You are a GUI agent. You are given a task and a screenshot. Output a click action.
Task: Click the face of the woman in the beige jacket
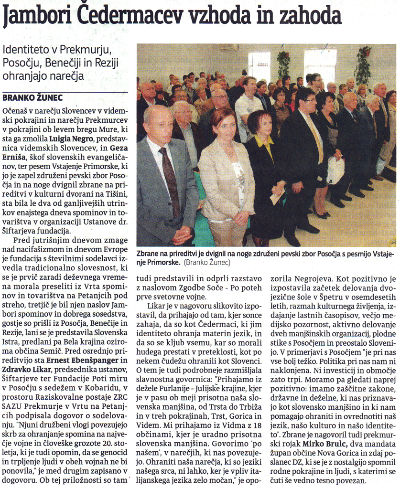pos(224,124)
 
